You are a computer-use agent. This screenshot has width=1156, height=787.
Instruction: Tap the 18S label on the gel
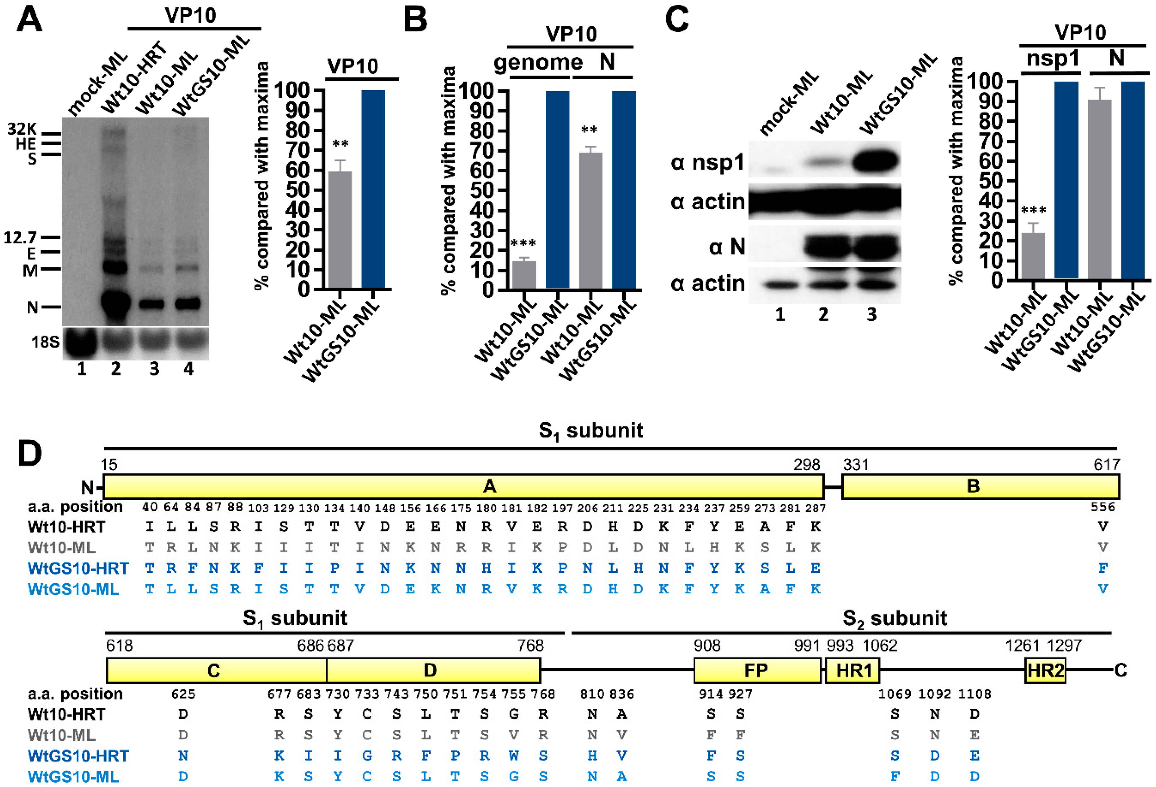point(45,342)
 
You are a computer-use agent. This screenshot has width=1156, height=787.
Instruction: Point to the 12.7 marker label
point(20,237)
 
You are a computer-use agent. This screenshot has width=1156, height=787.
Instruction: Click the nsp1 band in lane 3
point(876,161)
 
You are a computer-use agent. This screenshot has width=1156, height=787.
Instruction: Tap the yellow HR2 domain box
point(1045,671)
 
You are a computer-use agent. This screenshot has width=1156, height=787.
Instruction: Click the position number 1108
point(974,694)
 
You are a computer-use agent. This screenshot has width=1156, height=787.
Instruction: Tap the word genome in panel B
point(538,63)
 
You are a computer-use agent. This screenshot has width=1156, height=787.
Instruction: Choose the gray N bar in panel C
point(1100,189)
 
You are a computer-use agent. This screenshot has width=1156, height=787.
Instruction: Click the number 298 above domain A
point(806,465)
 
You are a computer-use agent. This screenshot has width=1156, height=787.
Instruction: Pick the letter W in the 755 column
point(514,756)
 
